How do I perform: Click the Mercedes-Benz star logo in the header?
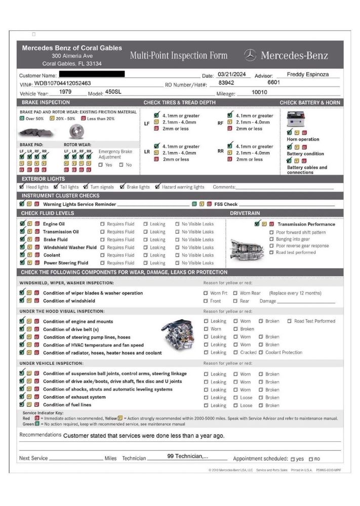[x=250, y=55]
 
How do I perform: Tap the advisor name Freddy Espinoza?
[x=307, y=74]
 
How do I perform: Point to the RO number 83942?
[x=226, y=82]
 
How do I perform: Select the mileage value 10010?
[x=259, y=92]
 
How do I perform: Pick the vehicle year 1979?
[x=65, y=92]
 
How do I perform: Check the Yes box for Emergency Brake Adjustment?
[x=101, y=165]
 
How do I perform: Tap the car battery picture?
[x=296, y=119]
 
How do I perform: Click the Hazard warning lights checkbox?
[x=158, y=187]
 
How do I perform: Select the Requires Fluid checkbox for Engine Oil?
[x=102, y=224]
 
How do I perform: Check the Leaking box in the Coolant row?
[x=145, y=256]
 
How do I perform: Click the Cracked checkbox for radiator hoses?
[x=235, y=353]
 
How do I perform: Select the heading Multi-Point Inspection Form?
[x=178, y=56]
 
